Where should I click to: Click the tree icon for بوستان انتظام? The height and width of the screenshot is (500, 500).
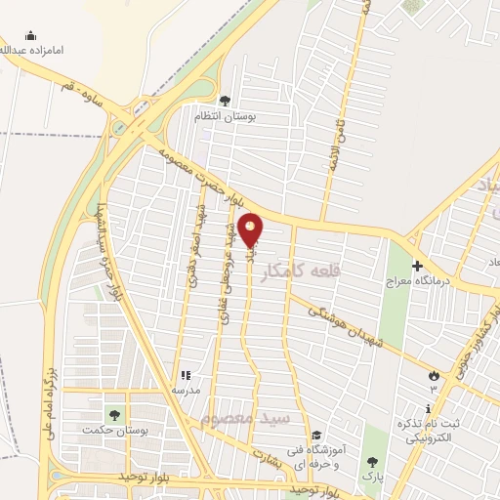tap(226, 101)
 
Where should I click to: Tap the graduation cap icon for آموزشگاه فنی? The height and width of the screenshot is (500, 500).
tap(314, 436)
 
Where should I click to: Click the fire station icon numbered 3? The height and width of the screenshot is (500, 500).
tap(435, 374)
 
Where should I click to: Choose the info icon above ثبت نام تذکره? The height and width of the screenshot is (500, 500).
tap(428, 408)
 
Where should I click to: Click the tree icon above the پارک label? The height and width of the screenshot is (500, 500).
tap(371, 461)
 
